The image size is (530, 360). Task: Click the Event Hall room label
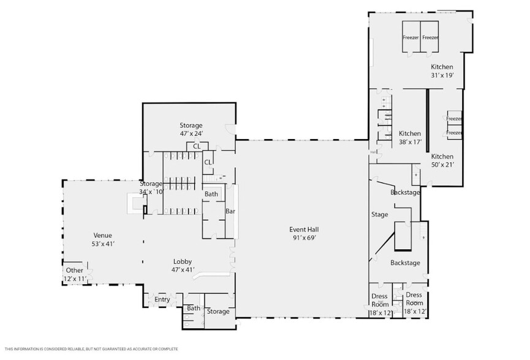[x=304, y=230]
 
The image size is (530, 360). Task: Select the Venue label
[x=102, y=235]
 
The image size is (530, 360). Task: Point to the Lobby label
[x=183, y=261]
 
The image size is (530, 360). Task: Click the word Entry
[x=162, y=299]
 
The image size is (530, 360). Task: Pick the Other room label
[x=75, y=270]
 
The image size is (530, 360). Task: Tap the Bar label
[x=230, y=211]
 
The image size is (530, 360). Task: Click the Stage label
[x=380, y=215]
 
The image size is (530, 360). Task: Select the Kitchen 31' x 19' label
[x=442, y=67]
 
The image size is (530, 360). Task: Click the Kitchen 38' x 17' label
[x=410, y=133]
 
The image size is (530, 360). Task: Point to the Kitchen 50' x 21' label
[x=442, y=157]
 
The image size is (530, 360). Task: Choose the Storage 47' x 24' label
[x=191, y=126]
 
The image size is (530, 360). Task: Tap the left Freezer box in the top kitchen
[x=411, y=38]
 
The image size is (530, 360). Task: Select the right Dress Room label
[x=414, y=299]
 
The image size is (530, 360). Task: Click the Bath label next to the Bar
[x=211, y=194]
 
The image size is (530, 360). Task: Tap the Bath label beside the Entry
[x=194, y=309]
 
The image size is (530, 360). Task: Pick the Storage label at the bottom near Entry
[x=218, y=312]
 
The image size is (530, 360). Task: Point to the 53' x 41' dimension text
[x=102, y=244]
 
